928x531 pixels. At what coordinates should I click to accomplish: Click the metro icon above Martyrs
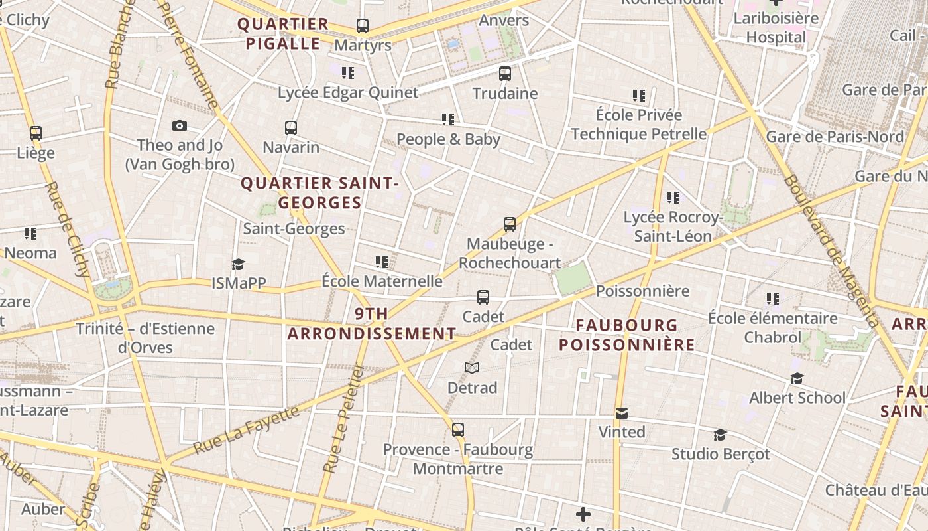click(x=362, y=26)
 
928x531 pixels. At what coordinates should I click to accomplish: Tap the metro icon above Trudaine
click(x=505, y=74)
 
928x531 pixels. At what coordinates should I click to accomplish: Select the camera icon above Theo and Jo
click(x=180, y=125)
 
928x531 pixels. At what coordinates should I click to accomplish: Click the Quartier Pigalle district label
click(x=283, y=34)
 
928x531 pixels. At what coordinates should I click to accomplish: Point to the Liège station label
click(x=36, y=153)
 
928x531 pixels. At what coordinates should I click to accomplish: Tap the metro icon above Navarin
click(x=291, y=128)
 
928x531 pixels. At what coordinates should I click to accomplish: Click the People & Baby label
click(x=448, y=139)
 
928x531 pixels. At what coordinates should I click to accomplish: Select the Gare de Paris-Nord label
click(x=835, y=137)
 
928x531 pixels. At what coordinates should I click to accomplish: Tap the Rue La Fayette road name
click(x=247, y=429)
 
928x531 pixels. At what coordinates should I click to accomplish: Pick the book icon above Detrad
click(x=472, y=368)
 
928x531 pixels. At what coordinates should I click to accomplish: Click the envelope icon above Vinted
click(x=621, y=414)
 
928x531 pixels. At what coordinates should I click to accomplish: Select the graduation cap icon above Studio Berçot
click(x=720, y=435)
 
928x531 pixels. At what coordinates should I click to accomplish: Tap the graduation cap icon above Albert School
click(x=797, y=379)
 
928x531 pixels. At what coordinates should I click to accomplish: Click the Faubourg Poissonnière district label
click(x=626, y=335)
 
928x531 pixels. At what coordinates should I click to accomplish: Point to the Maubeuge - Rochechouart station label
click(x=510, y=253)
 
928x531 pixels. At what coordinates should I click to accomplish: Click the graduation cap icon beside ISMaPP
click(x=239, y=265)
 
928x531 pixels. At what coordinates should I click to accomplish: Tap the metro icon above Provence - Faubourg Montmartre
click(x=457, y=430)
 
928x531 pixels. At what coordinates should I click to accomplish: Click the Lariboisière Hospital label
click(x=776, y=27)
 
